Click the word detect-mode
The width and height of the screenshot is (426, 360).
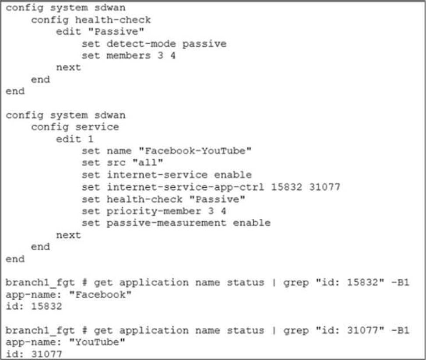pos(141,44)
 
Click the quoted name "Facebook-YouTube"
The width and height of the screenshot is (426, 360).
pos(195,150)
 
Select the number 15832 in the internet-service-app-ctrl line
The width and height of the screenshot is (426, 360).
pos(286,187)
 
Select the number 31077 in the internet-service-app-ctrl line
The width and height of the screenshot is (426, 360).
pos(324,187)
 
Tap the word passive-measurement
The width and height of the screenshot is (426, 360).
pos(166,223)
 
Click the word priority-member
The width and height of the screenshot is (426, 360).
pos(154,211)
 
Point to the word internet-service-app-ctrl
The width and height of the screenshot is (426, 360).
pos(185,187)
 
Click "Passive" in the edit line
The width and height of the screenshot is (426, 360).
pos(116,31)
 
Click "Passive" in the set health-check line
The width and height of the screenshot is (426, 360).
pos(217,199)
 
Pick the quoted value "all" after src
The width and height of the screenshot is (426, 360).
pos(148,162)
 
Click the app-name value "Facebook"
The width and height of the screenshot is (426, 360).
pos(100,294)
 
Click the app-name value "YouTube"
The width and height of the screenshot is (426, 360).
pos(97,342)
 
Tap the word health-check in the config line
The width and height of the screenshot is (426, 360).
pos(113,20)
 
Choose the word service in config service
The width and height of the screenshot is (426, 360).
pos(97,127)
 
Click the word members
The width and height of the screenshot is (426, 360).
pos(129,56)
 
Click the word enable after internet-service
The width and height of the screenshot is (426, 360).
pos(233,175)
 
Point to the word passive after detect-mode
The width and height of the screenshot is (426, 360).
pos(204,44)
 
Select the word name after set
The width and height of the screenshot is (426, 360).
pos(119,150)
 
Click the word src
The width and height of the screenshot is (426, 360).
pos(116,162)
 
